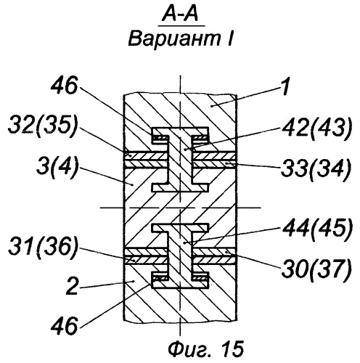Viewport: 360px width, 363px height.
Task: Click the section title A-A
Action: (x=181, y=14)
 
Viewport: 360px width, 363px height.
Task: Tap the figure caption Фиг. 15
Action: (x=205, y=349)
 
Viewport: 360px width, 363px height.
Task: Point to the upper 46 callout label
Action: (x=64, y=85)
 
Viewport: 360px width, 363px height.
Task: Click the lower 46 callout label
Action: (x=64, y=325)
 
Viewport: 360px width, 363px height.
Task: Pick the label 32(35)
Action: (x=43, y=126)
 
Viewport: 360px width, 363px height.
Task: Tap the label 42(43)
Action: (x=316, y=129)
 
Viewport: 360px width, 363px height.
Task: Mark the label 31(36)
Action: (x=43, y=248)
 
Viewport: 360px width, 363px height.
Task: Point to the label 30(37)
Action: (x=316, y=269)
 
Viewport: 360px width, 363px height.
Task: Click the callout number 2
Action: (x=73, y=286)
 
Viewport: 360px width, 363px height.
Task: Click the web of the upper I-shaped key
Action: (x=180, y=160)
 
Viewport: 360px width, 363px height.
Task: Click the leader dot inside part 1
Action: (x=211, y=106)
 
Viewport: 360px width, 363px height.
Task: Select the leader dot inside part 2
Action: (x=134, y=281)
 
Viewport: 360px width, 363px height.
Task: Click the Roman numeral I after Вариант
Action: (x=229, y=38)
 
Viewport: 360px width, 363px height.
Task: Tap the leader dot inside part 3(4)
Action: (x=132, y=184)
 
